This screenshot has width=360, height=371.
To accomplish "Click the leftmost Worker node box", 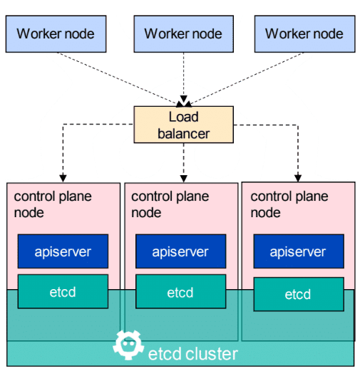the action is pyautogui.click(x=56, y=34).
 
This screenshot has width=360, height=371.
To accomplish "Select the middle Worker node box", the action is pyautogui.click(x=184, y=34).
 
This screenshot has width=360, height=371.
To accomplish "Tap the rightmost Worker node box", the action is pyautogui.click(x=305, y=34).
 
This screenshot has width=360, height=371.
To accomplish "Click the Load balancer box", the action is pyautogui.click(x=184, y=125).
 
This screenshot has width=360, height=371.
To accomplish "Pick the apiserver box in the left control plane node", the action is pyautogui.click(x=63, y=251).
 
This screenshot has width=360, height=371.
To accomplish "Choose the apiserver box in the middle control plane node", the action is pyautogui.click(x=181, y=251).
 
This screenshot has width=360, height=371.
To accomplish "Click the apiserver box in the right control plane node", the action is pyautogui.click(x=299, y=251).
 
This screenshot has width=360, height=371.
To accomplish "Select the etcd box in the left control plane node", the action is pyautogui.click(x=63, y=291).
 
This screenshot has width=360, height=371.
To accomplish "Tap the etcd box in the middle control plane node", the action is pyautogui.click(x=181, y=291).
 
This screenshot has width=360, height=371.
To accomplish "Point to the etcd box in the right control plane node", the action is pyautogui.click(x=299, y=294).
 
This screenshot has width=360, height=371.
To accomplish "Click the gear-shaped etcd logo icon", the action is pyautogui.click(x=128, y=345).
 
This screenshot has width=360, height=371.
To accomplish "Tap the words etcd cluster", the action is pyautogui.click(x=193, y=354).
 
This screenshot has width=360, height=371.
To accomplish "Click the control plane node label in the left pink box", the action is pyautogui.click(x=53, y=204).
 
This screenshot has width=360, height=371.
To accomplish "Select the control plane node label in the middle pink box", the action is pyautogui.click(x=170, y=204).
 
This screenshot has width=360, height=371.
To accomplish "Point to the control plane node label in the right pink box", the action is pyautogui.click(x=289, y=204).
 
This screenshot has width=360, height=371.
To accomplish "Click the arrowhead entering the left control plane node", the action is pyautogui.click(x=63, y=178).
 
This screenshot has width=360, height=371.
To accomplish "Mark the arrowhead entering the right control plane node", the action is pyautogui.click(x=298, y=178).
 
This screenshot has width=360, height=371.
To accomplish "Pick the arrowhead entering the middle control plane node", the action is pyautogui.click(x=184, y=179).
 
